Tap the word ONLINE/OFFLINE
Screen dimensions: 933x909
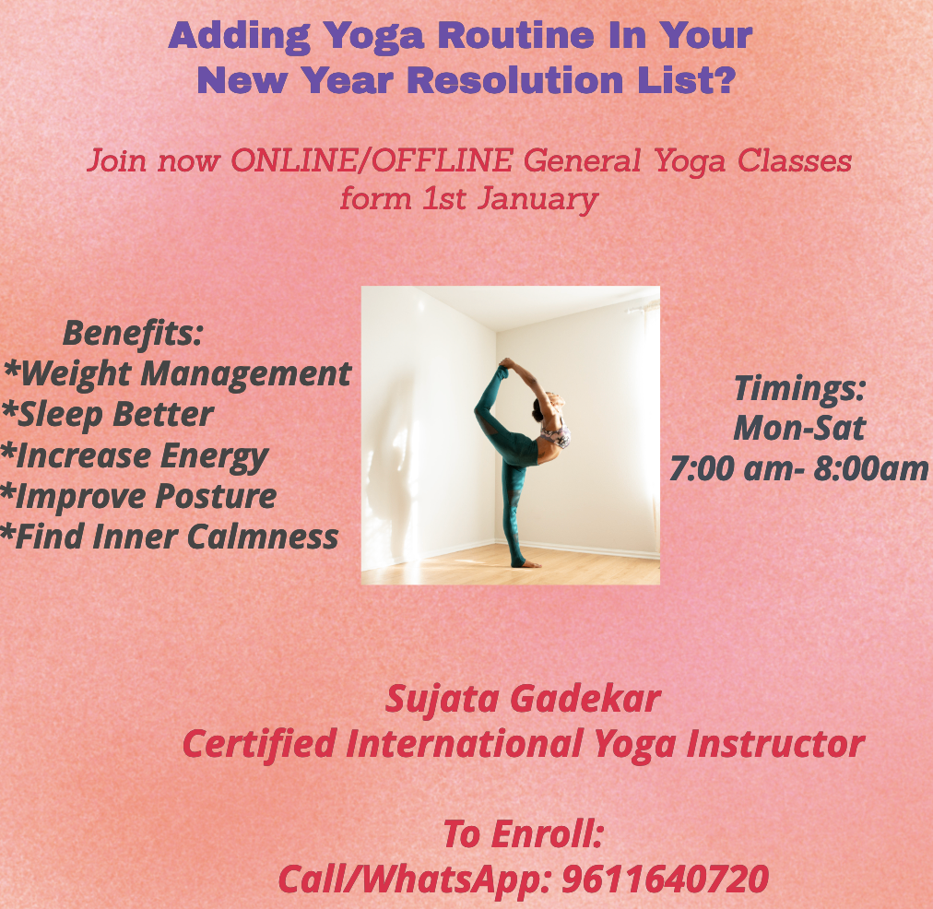coord(372,160)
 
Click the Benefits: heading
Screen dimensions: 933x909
coord(133,333)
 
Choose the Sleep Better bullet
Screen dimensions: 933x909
coord(107,415)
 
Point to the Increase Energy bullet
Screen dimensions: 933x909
coord(135,457)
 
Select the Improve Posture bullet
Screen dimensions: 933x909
coord(138,497)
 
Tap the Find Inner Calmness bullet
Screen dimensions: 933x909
coord(170,537)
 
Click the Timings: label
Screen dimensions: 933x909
coord(799,389)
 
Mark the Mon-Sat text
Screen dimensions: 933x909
coord(799,429)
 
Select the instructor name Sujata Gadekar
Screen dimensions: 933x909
coord(523,699)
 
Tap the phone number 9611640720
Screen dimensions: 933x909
coord(666,879)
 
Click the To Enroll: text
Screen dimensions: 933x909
coord(524,834)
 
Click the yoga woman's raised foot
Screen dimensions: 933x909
coord(506,362)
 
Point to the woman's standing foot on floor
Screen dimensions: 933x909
coord(528,564)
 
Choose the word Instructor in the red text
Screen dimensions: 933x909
coord(775,744)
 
